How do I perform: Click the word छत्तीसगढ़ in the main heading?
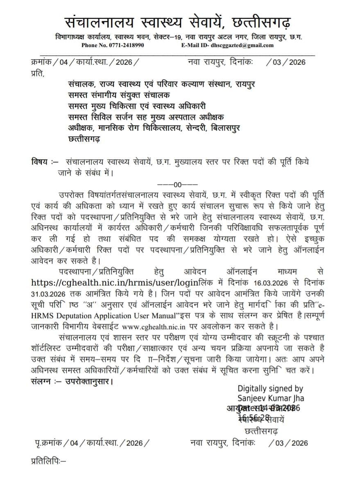click(262, 21)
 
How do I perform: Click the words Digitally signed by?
click(270, 389)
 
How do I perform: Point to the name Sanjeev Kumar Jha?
click(271, 398)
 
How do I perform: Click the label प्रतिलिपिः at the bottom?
click(48, 461)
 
